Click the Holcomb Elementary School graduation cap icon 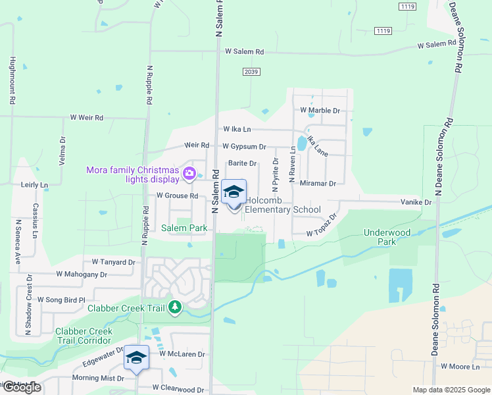point(234,192)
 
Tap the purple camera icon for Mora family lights point(189,174)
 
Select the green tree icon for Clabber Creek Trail point(174,307)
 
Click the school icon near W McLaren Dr point(136,357)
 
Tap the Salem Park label point(185,228)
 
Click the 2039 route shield point(250,72)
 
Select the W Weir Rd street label point(87,118)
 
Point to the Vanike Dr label point(418,203)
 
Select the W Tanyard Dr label point(113,262)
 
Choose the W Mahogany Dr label point(82,274)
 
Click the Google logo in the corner point(22,387)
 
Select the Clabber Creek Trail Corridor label point(84,336)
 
